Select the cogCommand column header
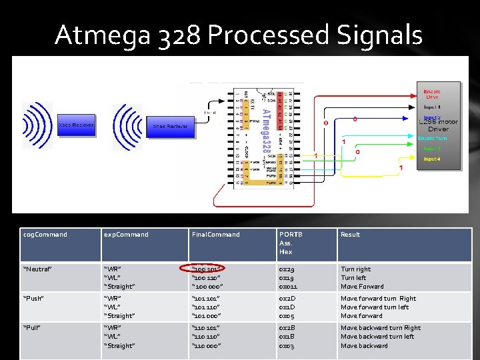point(45,235)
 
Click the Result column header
point(350,235)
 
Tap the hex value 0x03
point(287,345)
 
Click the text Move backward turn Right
point(381,328)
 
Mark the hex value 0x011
point(288,287)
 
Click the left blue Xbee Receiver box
point(76,125)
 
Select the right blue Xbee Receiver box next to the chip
point(170,125)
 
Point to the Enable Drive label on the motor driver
point(433,94)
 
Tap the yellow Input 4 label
point(432,159)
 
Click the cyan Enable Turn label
point(433,138)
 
